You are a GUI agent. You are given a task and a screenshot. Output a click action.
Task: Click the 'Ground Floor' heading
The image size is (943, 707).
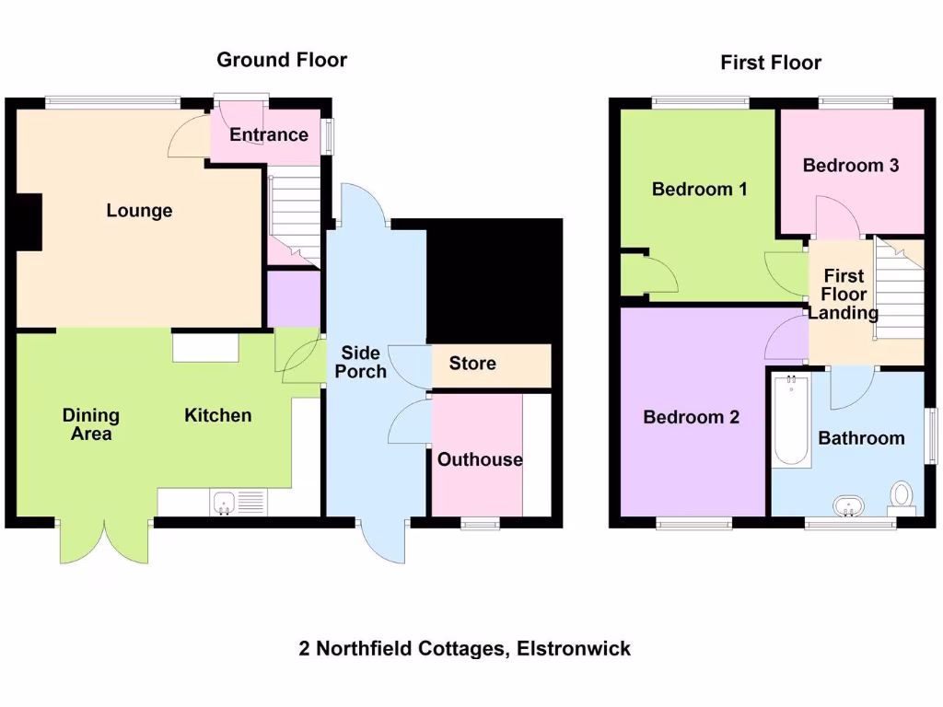point(282,61)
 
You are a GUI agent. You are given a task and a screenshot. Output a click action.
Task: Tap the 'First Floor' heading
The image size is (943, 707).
point(771,63)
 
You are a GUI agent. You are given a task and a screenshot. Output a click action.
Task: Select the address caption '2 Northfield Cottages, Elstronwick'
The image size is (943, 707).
point(465,648)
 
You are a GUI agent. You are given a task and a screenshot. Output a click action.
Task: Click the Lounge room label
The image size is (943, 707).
point(139,211)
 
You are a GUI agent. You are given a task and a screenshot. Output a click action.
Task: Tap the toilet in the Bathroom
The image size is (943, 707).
point(902,495)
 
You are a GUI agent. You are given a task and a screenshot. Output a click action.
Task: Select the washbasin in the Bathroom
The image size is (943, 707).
point(848,505)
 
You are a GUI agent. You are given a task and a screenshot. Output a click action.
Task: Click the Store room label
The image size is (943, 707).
point(472,364)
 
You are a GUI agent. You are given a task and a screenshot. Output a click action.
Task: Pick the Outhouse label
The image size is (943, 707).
point(480,459)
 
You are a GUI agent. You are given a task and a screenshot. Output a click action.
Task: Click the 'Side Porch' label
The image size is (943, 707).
point(360,362)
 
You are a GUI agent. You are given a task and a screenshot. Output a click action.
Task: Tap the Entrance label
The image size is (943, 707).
point(269,134)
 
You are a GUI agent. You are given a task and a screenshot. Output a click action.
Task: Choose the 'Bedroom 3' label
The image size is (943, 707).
point(851,166)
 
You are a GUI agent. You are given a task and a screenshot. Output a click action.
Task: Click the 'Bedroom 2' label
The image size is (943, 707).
point(691,417)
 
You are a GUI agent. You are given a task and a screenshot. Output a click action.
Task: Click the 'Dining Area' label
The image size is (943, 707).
point(90,424)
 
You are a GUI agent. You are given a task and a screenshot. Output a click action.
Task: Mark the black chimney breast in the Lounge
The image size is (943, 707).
point(29,222)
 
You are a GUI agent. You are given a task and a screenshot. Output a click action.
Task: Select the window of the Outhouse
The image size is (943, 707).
point(480,524)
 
